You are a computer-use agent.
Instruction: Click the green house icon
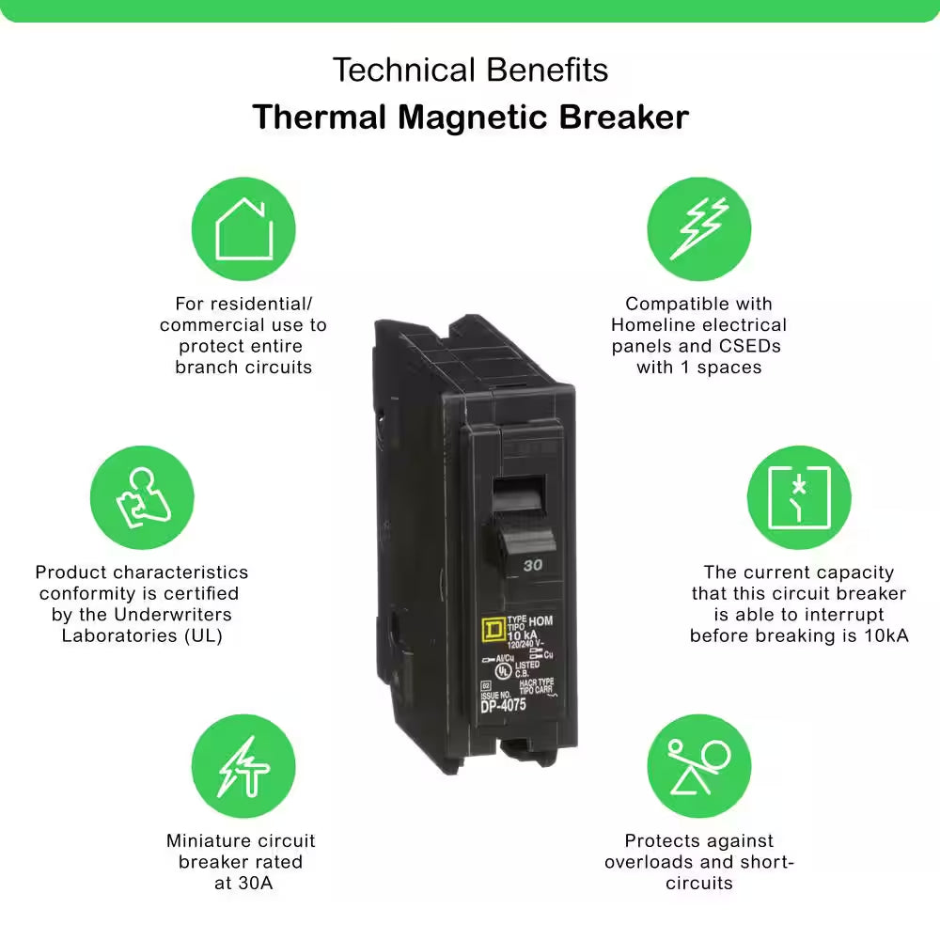243,230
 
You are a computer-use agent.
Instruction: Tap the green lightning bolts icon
698,230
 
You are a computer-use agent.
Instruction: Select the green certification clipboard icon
142,497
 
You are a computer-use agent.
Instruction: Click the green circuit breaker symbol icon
798,497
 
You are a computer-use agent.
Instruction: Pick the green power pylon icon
243,766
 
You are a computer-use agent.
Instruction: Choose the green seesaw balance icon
698,766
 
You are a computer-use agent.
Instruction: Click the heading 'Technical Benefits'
470,70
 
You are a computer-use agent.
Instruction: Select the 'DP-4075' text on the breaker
503,705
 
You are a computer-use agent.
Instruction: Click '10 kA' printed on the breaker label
523,636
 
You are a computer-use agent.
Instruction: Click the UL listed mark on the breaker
504,671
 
